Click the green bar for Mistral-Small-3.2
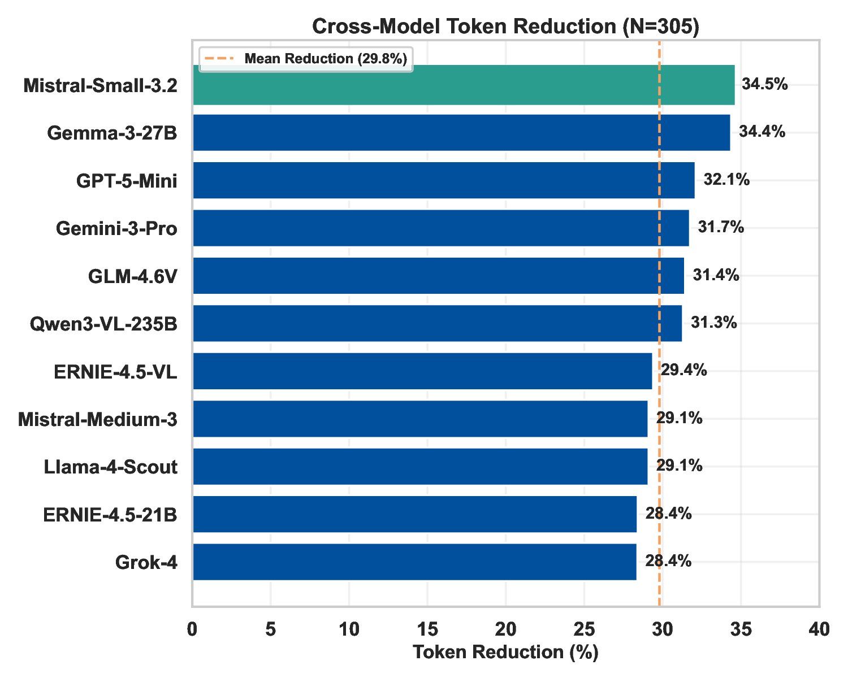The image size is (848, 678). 464,85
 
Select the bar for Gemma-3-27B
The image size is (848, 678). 461,133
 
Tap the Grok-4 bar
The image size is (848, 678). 414,562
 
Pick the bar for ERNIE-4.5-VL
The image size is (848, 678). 422,371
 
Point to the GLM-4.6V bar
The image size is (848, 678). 438,276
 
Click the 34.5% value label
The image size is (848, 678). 764,85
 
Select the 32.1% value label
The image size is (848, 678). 726,180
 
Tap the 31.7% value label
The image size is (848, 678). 721,228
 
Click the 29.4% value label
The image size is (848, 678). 684,371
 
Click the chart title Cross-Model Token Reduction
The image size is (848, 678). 505,27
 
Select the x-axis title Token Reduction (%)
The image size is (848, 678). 505,653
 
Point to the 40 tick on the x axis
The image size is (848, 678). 819,629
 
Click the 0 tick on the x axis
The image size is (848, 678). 193,629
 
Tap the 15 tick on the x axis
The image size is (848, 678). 427,629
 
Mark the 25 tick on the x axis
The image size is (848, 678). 584,629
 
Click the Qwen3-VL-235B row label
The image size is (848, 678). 103,324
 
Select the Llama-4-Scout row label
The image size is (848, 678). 111,467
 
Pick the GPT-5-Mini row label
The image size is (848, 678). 127,181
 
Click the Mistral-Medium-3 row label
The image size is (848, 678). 98,419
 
